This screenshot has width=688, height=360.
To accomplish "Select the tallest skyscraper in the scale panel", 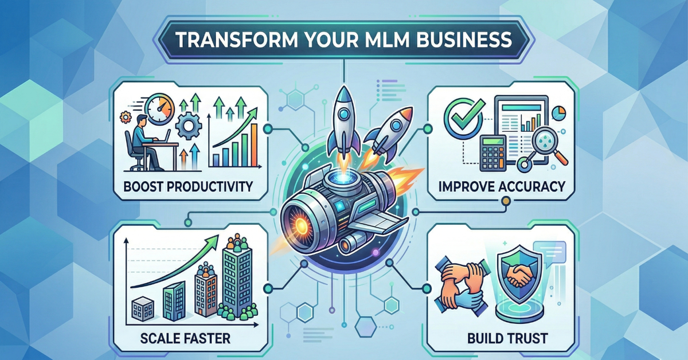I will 237,275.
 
